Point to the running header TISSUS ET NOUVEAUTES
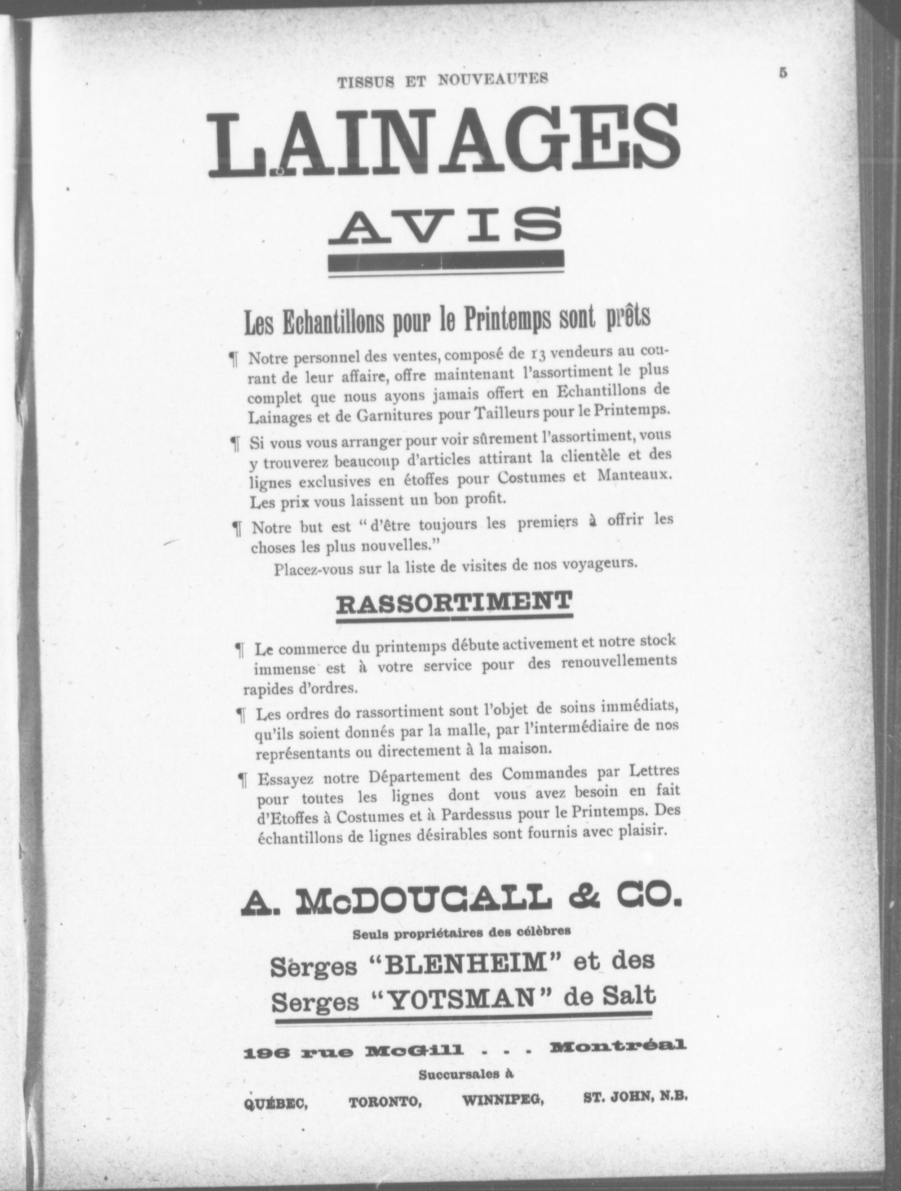(442, 80)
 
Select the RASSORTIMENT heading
(454, 603)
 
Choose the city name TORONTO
(385, 1102)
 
